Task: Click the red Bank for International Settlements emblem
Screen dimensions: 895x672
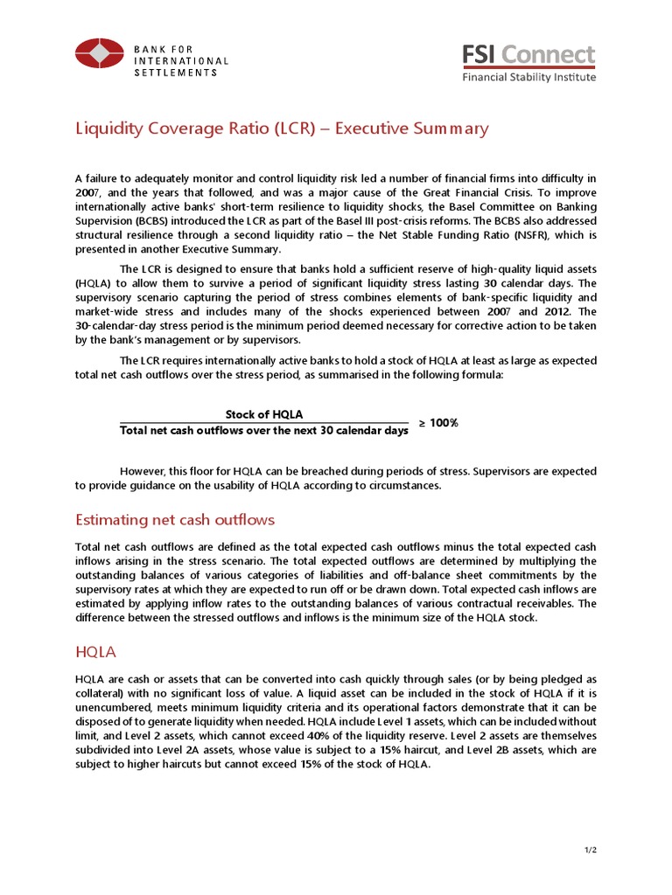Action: click(x=99, y=54)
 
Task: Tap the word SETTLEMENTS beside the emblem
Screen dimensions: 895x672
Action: click(x=175, y=73)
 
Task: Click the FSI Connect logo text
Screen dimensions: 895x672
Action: click(x=528, y=54)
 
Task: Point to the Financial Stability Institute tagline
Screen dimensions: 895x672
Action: click(x=528, y=77)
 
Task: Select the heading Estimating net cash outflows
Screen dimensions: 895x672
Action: click(x=175, y=520)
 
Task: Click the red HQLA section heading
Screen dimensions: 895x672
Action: click(x=97, y=651)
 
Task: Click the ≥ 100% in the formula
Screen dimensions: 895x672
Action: click(x=437, y=423)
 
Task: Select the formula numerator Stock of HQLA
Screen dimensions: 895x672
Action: click(x=264, y=414)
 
